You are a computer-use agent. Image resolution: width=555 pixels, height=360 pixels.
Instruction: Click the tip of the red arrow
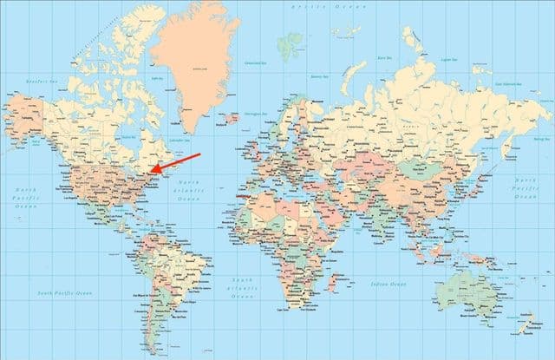click(x=149, y=172)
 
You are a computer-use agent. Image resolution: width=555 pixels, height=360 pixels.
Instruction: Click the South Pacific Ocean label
click(x=64, y=293)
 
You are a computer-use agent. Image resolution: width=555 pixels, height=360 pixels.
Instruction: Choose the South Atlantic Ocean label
click(x=242, y=289)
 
